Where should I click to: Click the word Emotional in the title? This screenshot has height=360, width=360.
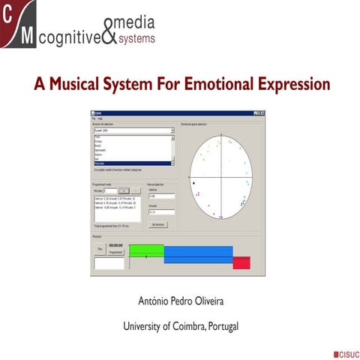point(212,82)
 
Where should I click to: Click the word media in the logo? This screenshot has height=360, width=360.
point(142,20)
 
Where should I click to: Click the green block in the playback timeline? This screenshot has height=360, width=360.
point(146,250)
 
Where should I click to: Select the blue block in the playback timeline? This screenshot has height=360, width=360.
point(197,254)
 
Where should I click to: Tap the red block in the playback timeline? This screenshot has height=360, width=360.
point(241,262)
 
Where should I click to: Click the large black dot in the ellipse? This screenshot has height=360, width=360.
point(193,182)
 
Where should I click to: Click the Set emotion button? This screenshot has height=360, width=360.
point(157,224)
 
